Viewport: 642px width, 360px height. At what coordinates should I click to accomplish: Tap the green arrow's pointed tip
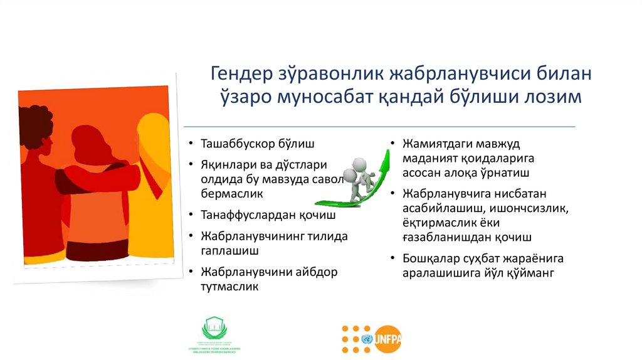(x=390, y=145)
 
